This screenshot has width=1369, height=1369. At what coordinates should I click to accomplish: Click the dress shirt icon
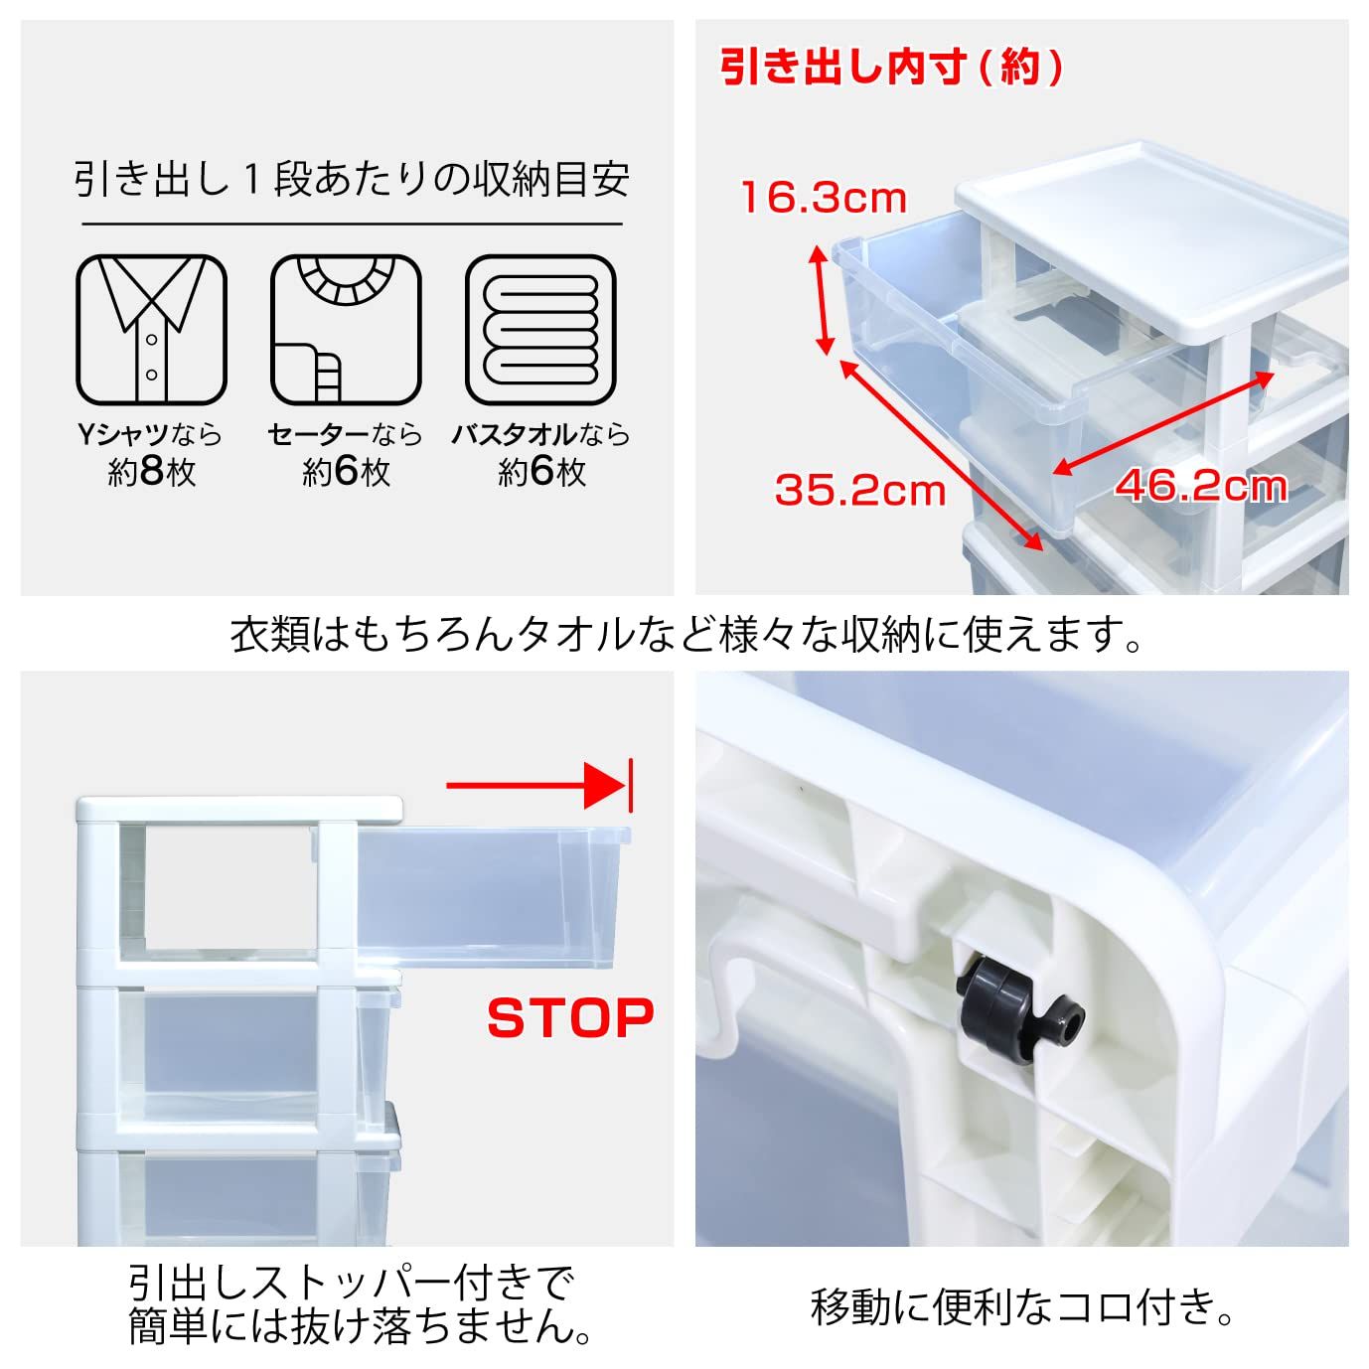pyautogui.click(x=151, y=330)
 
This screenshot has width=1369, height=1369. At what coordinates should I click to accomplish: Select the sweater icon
pyautogui.click(x=346, y=330)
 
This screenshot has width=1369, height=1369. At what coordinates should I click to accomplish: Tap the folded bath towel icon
pyautogui.click(x=540, y=330)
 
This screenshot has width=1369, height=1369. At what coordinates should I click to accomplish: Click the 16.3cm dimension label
pyautogui.click(x=824, y=198)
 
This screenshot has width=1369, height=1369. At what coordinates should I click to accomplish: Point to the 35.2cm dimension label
pyautogui.click(x=859, y=490)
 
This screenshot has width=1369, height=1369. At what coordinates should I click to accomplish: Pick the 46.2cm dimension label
pyautogui.click(x=1201, y=486)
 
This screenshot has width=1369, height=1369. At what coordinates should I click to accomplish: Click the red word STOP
pyautogui.click(x=570, y=1017)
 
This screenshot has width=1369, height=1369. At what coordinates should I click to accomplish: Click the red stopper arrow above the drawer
pyautogui.click(x=536, y=787)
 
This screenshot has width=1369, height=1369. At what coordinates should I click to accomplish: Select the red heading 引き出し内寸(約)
pyautogui.click(x=891, y=68)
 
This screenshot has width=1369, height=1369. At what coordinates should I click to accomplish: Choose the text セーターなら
pyautogui.click(x=345, y=434)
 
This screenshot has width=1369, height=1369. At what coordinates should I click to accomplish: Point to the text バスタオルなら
pyautogui.click(x=540, y=434)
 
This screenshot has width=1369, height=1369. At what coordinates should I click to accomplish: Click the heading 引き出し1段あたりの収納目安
pyautogui.click(x=352, y=180)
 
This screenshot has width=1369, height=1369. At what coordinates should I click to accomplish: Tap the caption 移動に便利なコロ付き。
pyautogui.click(x=1022, y=1306)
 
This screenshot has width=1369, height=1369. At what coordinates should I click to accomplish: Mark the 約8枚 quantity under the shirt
pyautogui.click(x=151, y=471)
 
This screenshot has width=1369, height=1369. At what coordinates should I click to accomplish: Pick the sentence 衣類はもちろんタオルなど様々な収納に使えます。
pyautogui.click(x=685, y=635)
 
